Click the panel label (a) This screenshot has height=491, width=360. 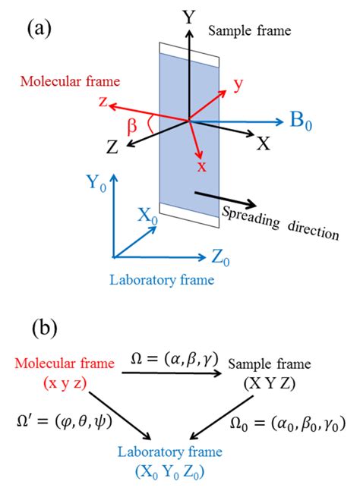(x=39, y=30)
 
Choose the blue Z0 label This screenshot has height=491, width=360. (x=220, y=260)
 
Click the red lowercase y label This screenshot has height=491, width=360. (x=238, y=85)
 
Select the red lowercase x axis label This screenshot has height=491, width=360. (x=201, y=166)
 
